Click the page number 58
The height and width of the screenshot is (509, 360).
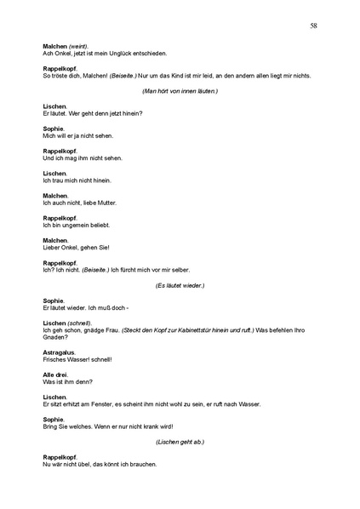(314, 26)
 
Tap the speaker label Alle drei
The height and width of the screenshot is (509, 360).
(55, 375)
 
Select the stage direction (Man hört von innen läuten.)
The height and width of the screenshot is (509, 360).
(180, 90)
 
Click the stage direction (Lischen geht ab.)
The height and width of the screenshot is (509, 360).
(180, 443)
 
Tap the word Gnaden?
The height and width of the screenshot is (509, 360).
(54, 338)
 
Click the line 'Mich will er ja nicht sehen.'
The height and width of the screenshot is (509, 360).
(77, 135)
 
